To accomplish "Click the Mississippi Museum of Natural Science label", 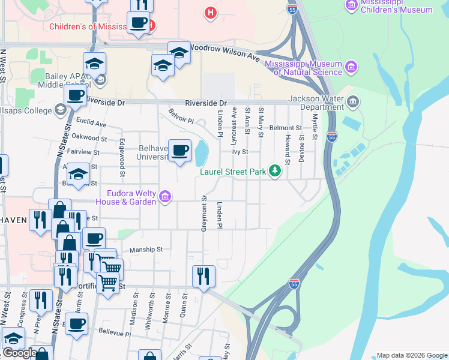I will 308,68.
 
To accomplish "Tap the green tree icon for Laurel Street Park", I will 275,172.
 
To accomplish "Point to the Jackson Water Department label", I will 315,103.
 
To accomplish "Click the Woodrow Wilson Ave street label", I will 224,52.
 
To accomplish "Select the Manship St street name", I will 146,250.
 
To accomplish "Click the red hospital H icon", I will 210,12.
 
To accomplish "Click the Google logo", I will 19,353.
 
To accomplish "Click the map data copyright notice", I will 412,355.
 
